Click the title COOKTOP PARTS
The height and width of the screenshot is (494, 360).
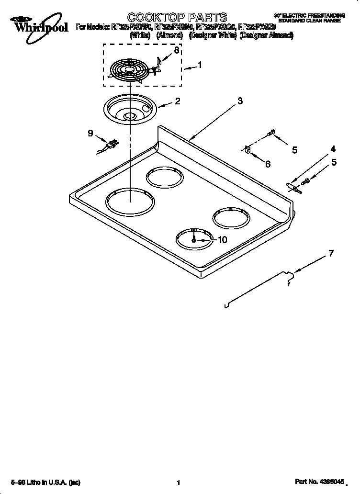point(170,18)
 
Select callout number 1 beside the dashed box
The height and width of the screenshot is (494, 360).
point(200,66)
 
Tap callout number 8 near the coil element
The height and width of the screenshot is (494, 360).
point(177,50)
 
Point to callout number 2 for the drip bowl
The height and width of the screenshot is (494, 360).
point(178,101)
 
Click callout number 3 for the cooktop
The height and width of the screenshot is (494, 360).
point(240,101)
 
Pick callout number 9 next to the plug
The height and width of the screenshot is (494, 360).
point(90,134)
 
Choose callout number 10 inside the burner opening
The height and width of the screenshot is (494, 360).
point(222,240)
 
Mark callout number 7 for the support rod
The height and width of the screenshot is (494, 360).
point(330,254)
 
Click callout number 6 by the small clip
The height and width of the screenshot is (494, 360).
point(268,164)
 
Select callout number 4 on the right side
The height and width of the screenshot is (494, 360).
point(333,149)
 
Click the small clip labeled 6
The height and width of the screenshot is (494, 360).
point(247,150)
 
